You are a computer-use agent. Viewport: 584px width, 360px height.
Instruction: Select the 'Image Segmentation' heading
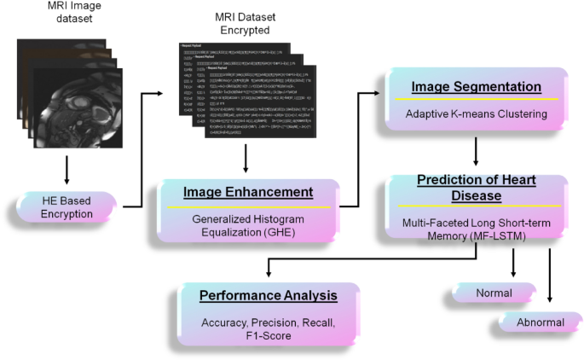point(477,87)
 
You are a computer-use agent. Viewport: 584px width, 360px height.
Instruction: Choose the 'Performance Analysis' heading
point(269,296)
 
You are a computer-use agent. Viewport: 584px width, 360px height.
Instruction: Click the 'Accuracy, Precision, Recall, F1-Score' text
point(269,329)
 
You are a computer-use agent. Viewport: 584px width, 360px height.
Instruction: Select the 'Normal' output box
point(494,293)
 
